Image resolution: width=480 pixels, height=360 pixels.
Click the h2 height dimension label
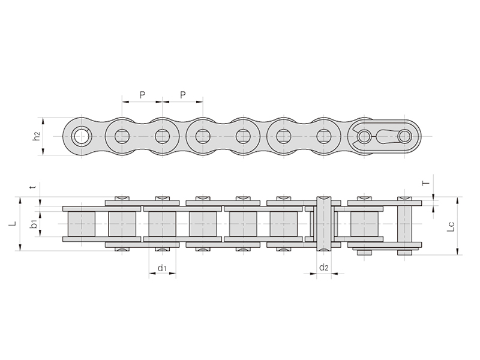[37, 136]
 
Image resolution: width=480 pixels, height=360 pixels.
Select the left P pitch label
[142, 95]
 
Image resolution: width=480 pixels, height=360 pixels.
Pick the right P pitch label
[183, 95]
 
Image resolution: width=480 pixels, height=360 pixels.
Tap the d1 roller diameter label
[162, 268]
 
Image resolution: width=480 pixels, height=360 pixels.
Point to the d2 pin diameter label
[324, 268]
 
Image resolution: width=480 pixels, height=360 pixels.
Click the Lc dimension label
[451, 227]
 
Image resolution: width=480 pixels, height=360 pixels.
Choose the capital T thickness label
[426, 184]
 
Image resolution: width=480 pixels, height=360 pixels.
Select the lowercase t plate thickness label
[34, 187]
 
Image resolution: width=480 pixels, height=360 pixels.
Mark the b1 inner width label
[35, 224]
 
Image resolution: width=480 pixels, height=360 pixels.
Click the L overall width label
[13, 224]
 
